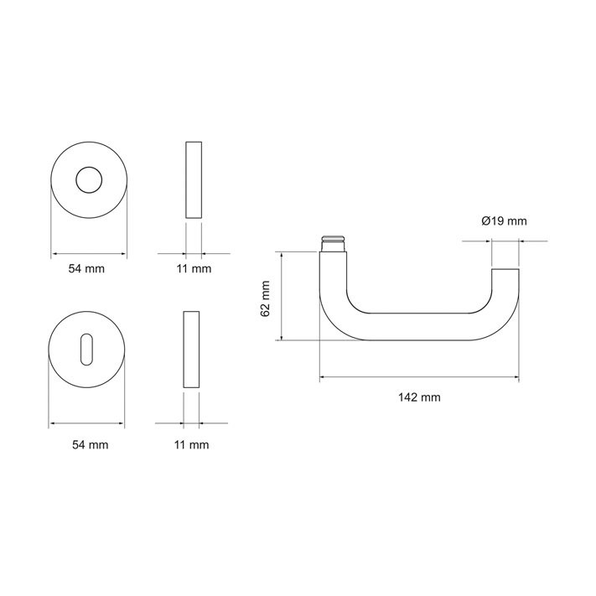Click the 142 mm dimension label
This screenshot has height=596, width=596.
point(419,397)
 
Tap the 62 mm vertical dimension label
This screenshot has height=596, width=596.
point(265,298)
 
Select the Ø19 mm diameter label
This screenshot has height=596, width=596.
point(504,220)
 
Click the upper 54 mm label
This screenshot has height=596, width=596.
point(86,269)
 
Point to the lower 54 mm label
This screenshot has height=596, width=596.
point(90,445)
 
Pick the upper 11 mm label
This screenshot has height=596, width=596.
point(194,269)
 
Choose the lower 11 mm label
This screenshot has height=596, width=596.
point(192,445)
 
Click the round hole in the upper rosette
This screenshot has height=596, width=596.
point(89,179)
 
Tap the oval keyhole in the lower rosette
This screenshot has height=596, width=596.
point(86,350)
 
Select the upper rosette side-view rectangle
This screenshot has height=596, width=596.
point(194,179)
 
